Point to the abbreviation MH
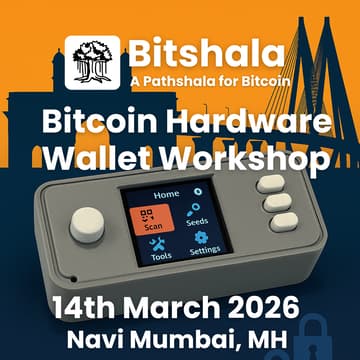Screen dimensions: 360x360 pos(266,337)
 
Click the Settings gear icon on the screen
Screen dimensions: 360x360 pos(201,237)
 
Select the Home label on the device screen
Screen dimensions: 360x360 pos(167,195)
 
